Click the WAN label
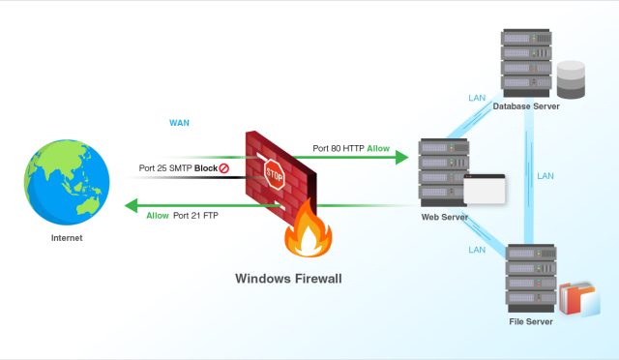tap(179, 123)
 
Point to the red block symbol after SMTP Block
tap(224, 168)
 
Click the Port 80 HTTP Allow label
tap(350, 149)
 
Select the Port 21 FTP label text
tap(195, 216)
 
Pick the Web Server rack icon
tap(444, 172)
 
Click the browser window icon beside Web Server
tap(485, 189)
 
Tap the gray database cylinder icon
tap(571, 79)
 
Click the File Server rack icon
tap(531, 278)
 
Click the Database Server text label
tap(526, 105)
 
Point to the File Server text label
tap(531, 321)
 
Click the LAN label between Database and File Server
tap(545, 176)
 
